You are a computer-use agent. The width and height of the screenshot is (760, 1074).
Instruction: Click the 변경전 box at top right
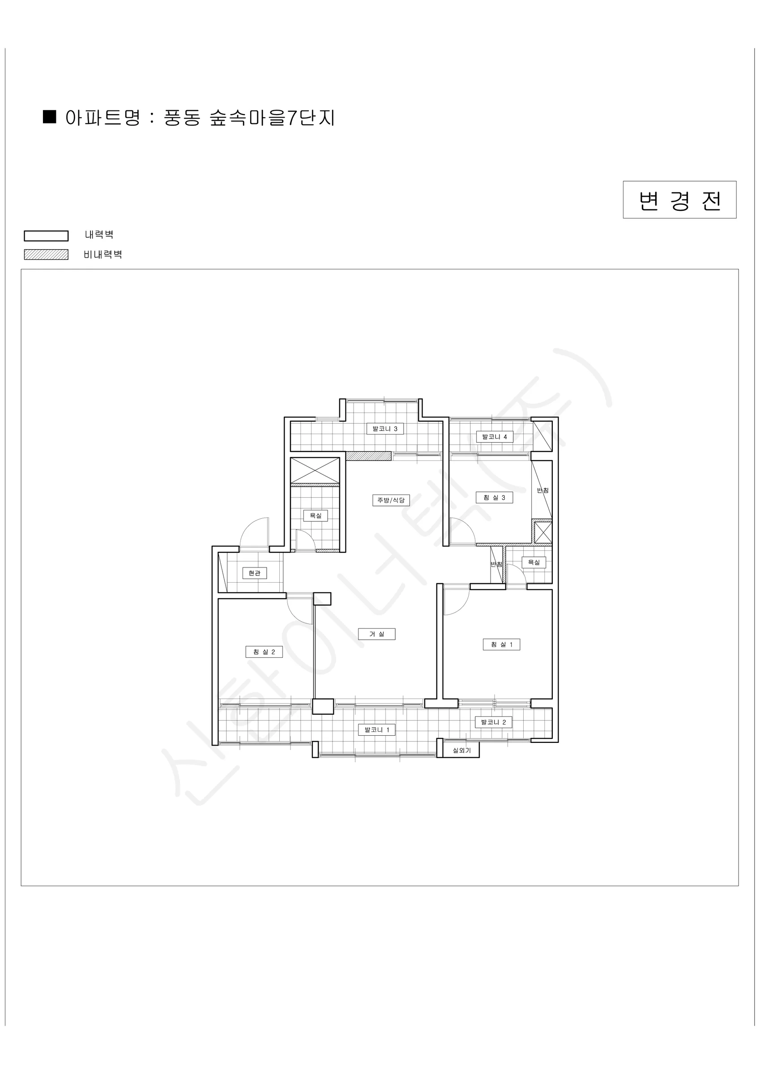coord(679,200)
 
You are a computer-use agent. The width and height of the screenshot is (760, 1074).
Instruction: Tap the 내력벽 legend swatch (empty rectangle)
coord(46,236)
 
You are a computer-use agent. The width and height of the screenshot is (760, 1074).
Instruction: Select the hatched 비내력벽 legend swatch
coord(46,255)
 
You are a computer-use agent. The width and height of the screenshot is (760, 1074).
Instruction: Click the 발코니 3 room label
coord(384,428)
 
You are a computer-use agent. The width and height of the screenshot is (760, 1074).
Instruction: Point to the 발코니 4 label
coord(494,437)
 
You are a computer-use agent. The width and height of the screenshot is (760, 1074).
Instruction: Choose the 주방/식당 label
coord(391,500)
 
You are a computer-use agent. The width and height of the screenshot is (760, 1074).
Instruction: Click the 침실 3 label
coord(494,497)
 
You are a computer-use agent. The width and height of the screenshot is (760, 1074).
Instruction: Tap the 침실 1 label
coord(501,644)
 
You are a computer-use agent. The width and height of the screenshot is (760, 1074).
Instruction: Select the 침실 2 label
coord(264,652)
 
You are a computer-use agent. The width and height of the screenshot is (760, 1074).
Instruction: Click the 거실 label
coord(376,634)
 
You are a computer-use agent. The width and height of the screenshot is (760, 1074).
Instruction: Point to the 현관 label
coord(255,573)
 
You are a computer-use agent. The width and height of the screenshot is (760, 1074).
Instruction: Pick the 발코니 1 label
coord(377,730)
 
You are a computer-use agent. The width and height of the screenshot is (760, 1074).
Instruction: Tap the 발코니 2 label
coord(493,722)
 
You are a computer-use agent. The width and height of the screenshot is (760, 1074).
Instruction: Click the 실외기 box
coord(461,750)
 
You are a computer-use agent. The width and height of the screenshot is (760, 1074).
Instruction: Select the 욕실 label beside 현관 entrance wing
coord(316,516)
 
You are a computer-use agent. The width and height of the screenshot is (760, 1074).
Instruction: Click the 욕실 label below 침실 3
coord(534,562)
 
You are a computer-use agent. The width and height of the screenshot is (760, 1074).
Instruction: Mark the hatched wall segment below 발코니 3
coord(368,456)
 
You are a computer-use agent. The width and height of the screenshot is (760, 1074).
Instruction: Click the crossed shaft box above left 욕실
coord(315,470)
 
